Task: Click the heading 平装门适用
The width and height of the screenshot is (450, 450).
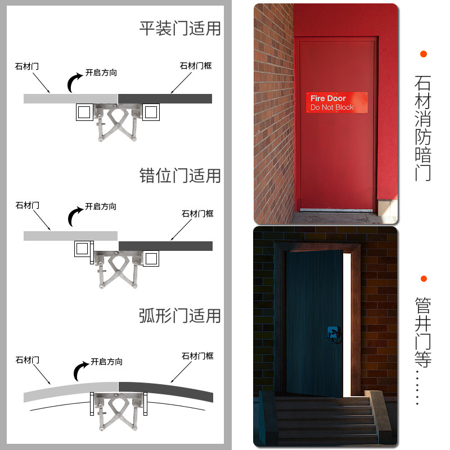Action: [x=180, y=29]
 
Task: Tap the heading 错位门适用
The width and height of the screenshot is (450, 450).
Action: [x=180, y=175]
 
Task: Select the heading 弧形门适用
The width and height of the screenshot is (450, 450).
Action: [x=180, y=316]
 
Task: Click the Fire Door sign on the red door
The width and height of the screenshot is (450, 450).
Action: [x=336, y=102]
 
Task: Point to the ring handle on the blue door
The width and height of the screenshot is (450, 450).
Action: [x=334, y=335]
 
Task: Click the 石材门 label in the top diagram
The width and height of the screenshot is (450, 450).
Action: [x=27, y=66]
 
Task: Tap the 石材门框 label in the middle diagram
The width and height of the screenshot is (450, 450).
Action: [x=197, y=214]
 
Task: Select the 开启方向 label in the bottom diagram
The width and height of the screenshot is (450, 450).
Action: [x=106, y=362]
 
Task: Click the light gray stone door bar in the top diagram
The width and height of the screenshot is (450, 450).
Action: [x=71, y=99]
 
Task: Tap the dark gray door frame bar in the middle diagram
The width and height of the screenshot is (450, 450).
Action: [x=165, y=246]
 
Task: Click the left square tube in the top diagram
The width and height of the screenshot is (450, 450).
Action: [x=84, y=112]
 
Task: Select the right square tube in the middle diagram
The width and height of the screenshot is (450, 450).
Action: [x=151, y=259]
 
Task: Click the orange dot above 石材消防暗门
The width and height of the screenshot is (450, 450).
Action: [x=424, y=54]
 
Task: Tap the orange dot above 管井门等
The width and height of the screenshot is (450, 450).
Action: [x=424, y=278]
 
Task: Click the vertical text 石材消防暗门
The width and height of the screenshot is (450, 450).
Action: [x=423, y=128]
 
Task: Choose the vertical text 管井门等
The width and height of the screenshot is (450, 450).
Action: [x=423, y=332]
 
